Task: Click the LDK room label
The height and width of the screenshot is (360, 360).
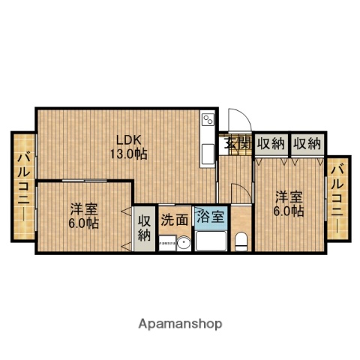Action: tap(127, 139)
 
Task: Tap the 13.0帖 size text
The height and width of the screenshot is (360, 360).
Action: tap(127, 153)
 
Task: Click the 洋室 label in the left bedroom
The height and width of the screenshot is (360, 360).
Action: tap(83, 208)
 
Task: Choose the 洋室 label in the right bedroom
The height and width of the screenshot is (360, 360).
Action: tap(288, 196)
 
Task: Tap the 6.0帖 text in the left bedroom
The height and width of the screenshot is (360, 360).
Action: tap(83, 223)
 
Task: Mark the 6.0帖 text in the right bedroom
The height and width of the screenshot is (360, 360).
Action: tap(288, 211)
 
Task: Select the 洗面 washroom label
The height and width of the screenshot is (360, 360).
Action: tap(175, 220)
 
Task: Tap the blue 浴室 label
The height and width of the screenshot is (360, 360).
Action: tap(210, 217)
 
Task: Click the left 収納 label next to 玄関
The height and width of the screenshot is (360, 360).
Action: tap(270, 143)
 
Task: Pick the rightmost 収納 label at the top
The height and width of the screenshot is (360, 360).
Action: tap(306, 143)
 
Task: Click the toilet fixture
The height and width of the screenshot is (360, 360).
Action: tap(241, 241)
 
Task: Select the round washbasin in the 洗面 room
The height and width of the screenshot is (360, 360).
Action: tap(182, 242)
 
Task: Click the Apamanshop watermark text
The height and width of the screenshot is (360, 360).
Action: tap(180, 323)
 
